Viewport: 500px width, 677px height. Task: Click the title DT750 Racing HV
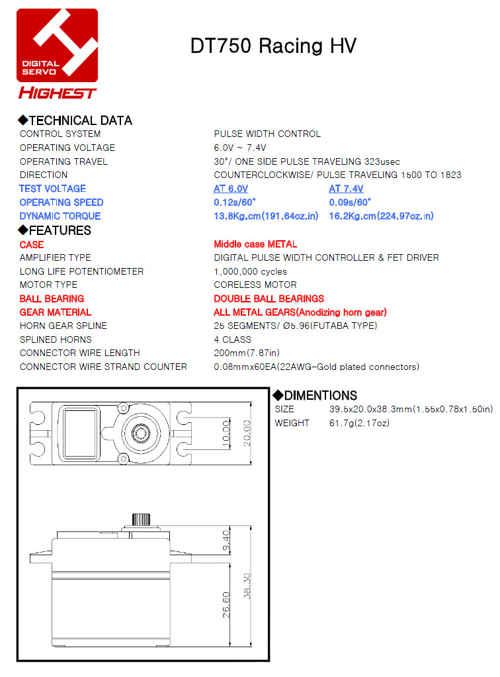272,46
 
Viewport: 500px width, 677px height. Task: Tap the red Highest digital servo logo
57,53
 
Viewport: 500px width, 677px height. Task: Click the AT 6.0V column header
231,189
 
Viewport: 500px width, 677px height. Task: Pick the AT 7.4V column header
346,189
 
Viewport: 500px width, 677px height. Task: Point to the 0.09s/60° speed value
350,203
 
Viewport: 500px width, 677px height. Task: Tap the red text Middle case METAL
255,244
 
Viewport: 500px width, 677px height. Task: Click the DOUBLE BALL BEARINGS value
269,298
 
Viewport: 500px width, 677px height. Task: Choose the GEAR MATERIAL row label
56,312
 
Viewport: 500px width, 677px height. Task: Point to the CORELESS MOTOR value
255,285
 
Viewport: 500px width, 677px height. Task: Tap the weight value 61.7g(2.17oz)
359,423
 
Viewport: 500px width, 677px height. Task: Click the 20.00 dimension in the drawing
247,433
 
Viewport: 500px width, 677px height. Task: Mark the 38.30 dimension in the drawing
247,586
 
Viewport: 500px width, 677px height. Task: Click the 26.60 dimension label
226,604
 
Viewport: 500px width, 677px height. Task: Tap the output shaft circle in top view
140,433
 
